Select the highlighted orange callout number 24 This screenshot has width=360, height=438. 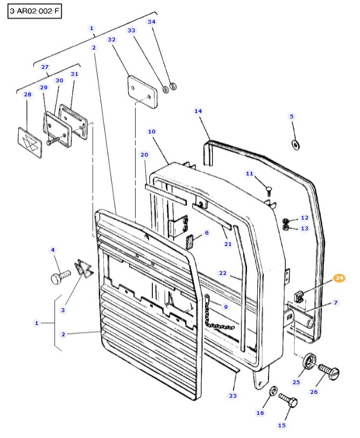point(339,278)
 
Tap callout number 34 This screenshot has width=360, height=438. point(151,22)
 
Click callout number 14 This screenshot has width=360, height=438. point(198,111)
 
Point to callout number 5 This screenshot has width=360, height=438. point(292,116)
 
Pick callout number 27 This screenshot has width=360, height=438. point(45,67)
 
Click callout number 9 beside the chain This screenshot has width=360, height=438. point(225,307)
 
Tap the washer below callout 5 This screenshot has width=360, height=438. point(295,144)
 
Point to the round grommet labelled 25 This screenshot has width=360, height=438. point(309,361)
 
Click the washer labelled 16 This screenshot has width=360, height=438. point(273,390)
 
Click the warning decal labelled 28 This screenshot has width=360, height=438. point(30,143)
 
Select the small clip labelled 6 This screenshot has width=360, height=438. point(190,243)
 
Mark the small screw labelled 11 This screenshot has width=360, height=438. point(269,188)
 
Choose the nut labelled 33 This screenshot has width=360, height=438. point(166,89)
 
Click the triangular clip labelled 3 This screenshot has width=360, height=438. point(82,267)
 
